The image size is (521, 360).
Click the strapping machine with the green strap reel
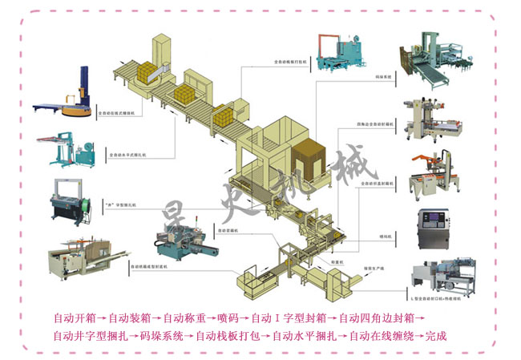71,202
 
